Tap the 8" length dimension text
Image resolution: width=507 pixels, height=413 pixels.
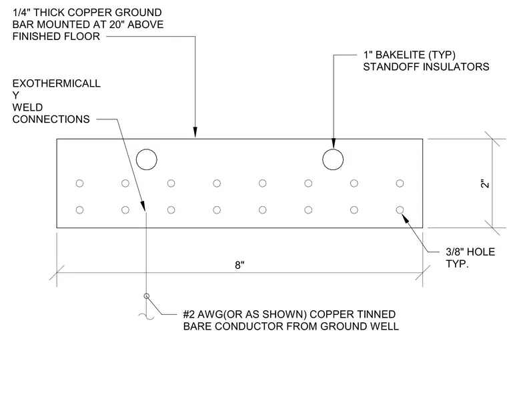point(239,265)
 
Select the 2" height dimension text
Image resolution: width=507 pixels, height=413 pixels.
point(485,183)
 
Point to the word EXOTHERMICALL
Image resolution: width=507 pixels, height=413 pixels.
point(56,83)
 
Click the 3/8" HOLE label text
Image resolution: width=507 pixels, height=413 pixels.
point(470,252)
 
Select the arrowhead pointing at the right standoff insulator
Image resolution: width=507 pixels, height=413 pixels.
point(334,143)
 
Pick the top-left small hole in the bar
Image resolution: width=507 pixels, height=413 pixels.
point(79,183)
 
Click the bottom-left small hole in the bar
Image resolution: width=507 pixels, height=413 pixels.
point(79,210)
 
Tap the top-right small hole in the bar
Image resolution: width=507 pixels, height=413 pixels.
point(400,183)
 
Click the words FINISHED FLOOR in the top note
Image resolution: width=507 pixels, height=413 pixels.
point(56,36)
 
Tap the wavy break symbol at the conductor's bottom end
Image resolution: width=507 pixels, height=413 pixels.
point(147,316)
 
